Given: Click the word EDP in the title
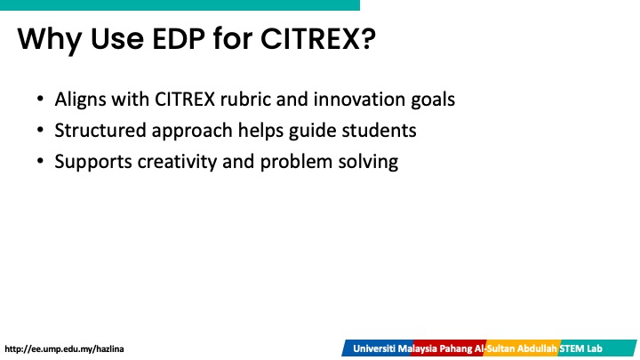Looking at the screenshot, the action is point(179,39).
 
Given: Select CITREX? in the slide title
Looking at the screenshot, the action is point(318,39).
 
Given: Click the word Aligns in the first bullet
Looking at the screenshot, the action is point(80,100).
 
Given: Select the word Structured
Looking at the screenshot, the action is point(100,130).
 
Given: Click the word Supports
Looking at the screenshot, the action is point(93,162).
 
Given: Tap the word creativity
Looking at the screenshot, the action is point(177,162).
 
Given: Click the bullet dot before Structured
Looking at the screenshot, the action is point(40,130).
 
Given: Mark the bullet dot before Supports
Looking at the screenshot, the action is point(40,161).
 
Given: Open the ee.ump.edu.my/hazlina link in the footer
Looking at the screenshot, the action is point(64,349).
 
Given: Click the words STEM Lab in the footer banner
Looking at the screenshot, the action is point(580,348).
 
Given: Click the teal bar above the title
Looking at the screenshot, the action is point(180,5).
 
